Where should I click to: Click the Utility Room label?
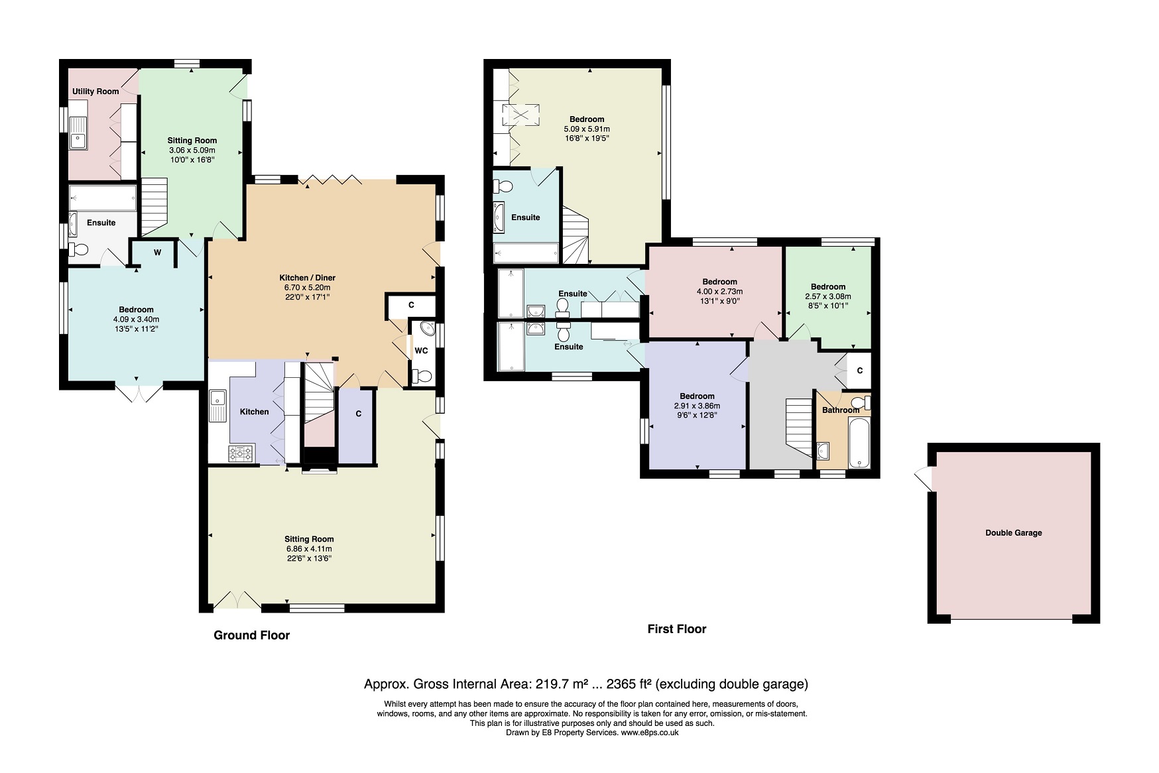click(95, 91)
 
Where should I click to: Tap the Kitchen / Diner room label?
click(307, 278)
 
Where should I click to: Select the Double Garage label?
click(1013, 533)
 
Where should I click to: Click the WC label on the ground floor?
click(421, 351)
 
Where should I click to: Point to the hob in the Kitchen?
click(241, 453)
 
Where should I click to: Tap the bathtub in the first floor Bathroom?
click(859, 442)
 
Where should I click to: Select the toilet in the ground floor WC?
click(422, 377)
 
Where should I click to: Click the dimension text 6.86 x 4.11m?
click(309, 549)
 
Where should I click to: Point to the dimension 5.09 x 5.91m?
click(587, 129)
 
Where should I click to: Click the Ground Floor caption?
click(252, 635)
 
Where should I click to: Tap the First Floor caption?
click(677, 629)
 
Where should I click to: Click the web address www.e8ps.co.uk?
click(650, 733)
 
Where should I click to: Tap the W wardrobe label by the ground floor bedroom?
click(158, 253)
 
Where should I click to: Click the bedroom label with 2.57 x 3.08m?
click(828, 287)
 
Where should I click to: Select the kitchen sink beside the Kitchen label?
click(217, 406)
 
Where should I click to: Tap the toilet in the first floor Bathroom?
click(860, 402)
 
